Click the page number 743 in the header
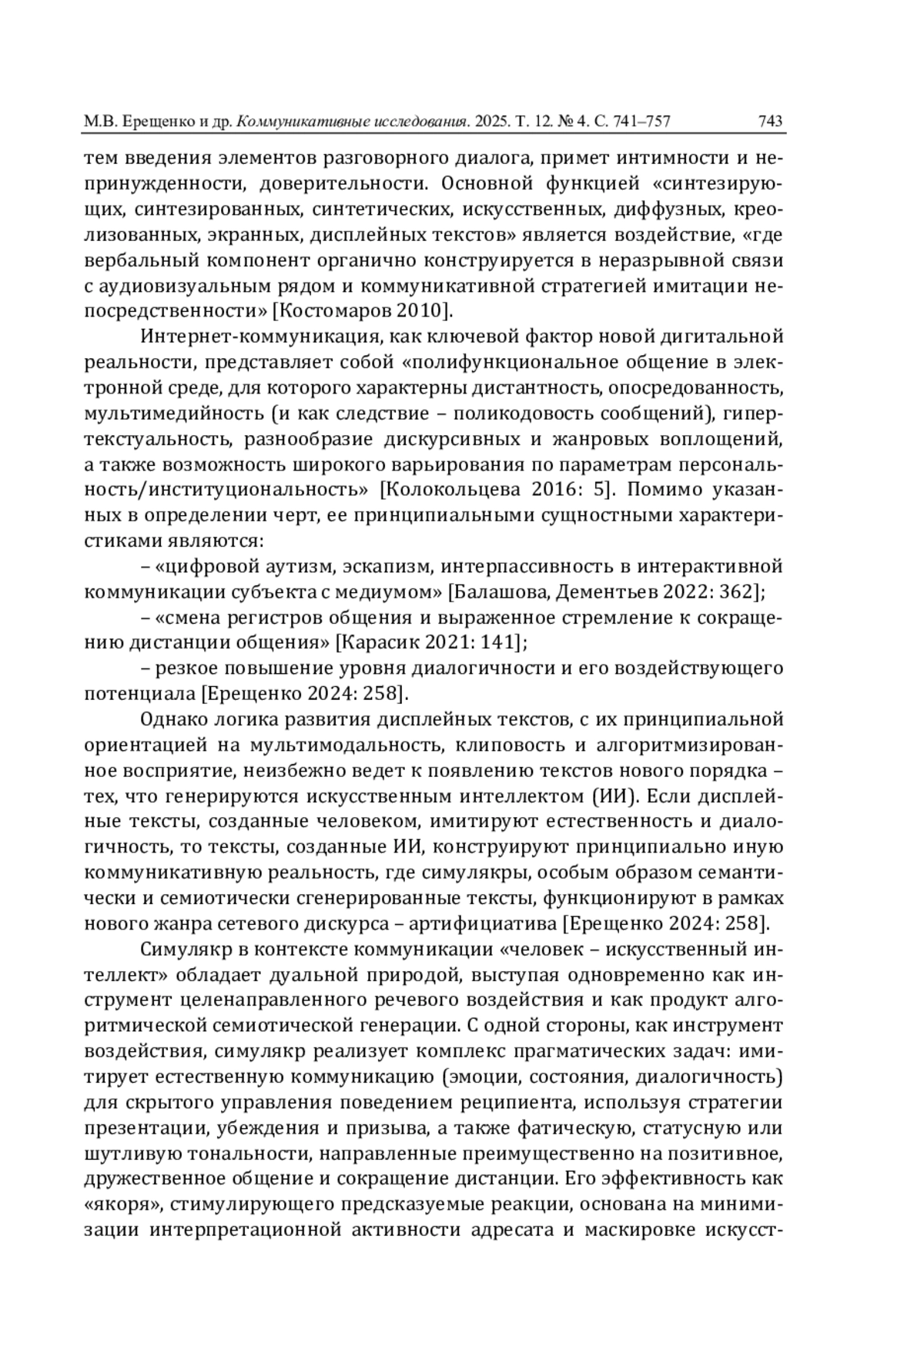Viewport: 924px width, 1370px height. click(770, 121)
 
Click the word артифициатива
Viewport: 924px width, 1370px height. click(486, 923)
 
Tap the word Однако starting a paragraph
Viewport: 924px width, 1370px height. click(174, 719)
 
